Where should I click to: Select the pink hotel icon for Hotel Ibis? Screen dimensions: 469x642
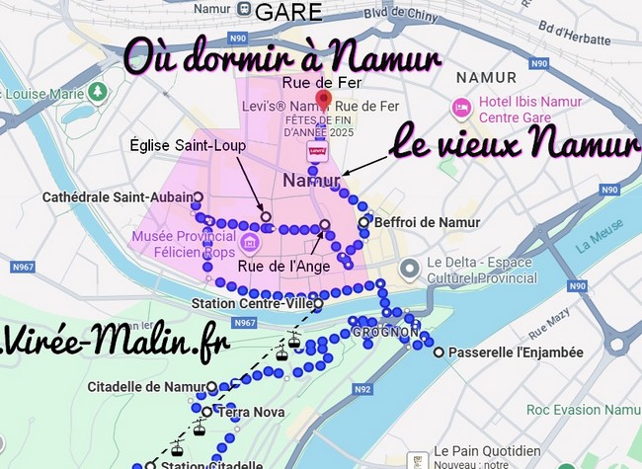click(460, 106)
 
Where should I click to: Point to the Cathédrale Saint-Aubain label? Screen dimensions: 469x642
click(116, 197)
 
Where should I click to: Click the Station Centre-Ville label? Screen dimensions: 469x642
click(253, 303)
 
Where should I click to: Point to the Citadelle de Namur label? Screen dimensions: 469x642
click(146, 385)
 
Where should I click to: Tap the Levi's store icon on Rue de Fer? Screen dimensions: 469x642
click(317, 151)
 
